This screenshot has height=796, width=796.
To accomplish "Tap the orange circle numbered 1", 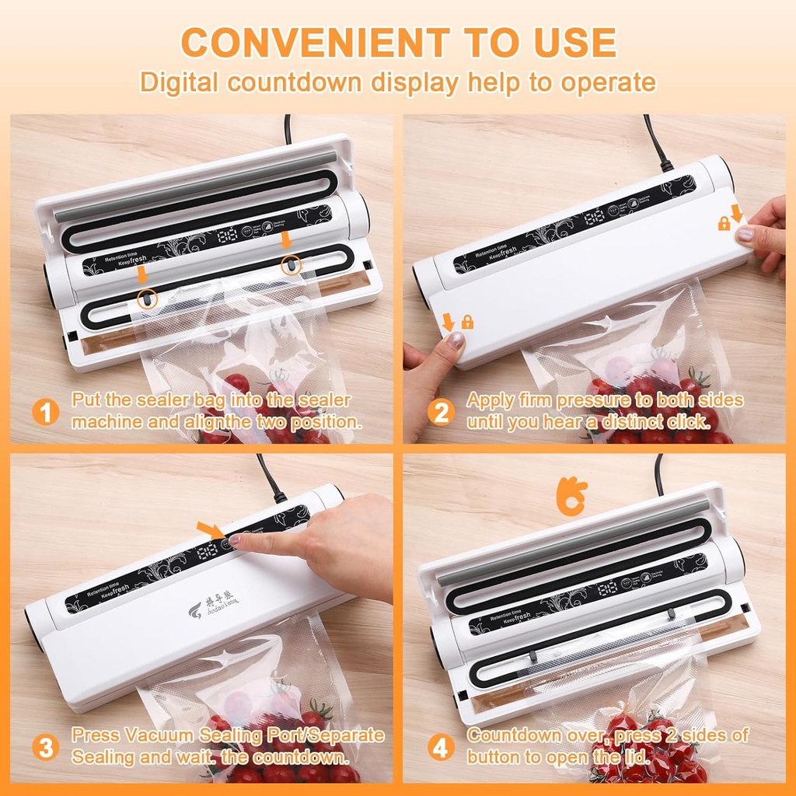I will tap(46, 412).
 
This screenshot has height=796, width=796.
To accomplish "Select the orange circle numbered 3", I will tap(46, 749).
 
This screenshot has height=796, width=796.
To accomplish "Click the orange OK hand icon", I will tap(572, 497).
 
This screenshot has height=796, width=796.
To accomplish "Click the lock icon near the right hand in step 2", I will tap(724, 224).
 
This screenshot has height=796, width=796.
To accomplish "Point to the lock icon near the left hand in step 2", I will tap(467, 322).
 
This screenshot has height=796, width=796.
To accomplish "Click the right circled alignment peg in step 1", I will tap(290, 264).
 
